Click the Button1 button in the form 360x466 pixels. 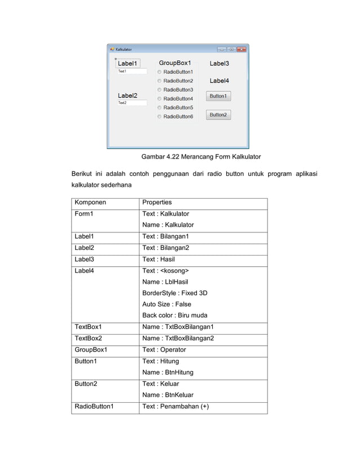[x=218, y=96]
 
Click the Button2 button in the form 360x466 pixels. [x=218, y=115]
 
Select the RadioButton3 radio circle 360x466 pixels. [x=160, y=90]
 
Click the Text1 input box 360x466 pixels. [x=131, y=72]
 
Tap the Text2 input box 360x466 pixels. [x=131, y=103]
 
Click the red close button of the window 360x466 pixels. [x=242, y=49]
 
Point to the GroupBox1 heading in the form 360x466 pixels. [x=174, y=63]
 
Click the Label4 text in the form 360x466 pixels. [x=219, y=81]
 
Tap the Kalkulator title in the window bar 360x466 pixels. [x=125, y=49]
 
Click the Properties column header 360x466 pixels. [x=157, y=203]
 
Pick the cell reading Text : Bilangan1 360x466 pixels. [x=165, y=236]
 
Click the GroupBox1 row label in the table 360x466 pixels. [x=90, y=350]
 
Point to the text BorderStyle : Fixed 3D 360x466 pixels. [x=174, y=293]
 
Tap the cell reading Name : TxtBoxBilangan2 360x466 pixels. [x=178, y=338]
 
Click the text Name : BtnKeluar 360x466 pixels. [x=168, y=395]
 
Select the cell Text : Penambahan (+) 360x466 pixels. [x=175, y=406]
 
